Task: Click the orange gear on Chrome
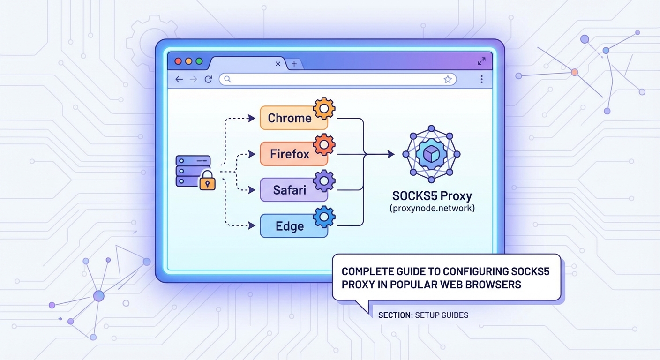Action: click(324, 108)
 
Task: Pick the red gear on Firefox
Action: click(324, 144)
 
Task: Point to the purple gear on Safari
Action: click(324, 180)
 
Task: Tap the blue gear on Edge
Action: click(324, 216)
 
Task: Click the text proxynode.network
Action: click(432, 208)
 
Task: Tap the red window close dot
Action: click(178, 61)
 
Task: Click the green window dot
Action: click(199, 61)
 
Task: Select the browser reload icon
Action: click(209, 80)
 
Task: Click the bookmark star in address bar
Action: click(448, 80)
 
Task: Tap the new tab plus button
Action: click(294, 64)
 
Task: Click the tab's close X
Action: click(278, 64)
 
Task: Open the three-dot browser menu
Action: click(481, 80)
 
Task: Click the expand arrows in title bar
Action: click(481, 61)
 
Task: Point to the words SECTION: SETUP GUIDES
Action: click(423, 315)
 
